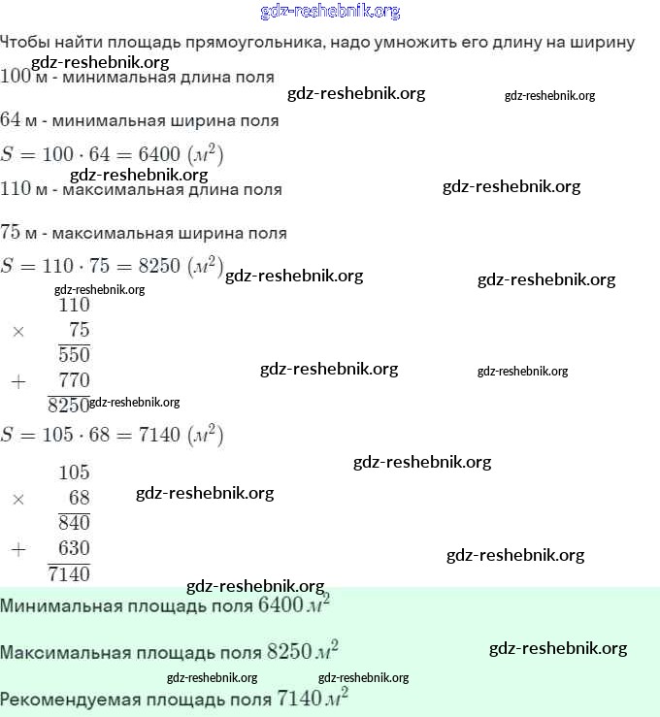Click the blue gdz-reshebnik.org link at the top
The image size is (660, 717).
point(330,12)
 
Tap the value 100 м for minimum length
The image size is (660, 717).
point(22,77)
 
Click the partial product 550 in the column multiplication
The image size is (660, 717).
point(74,355)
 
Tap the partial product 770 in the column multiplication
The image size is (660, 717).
point(74,380)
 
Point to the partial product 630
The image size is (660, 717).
point(74,549)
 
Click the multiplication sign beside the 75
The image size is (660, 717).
point(17,331)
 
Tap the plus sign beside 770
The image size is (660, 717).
point(17,381)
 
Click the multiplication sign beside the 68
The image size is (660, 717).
point(17,500)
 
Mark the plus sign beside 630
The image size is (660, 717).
point(17,550)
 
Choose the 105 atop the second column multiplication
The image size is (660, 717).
point(74,473)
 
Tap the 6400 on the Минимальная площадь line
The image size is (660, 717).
point(280,606)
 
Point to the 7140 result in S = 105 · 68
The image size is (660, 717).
point(159,435)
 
